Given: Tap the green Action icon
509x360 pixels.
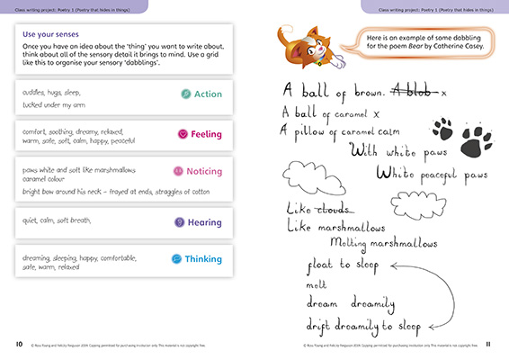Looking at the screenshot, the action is click(185, 94).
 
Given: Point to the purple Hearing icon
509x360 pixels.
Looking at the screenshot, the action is click(179, 221).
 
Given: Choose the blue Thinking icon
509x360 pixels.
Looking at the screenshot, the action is click(175, 259).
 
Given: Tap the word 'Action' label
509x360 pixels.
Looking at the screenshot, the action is click(208, 94).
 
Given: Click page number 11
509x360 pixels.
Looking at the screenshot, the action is click(488, 344).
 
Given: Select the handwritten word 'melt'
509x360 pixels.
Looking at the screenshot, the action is click(318, 283).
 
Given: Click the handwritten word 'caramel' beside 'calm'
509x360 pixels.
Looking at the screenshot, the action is click(360, 130).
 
